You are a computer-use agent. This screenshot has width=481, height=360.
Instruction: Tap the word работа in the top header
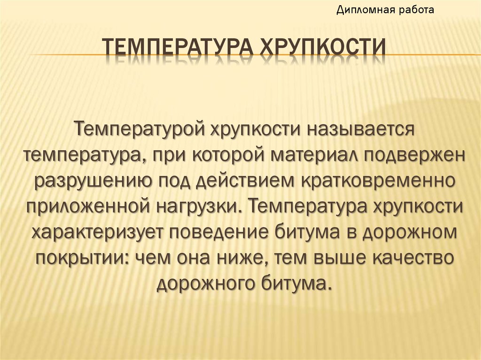414,9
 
